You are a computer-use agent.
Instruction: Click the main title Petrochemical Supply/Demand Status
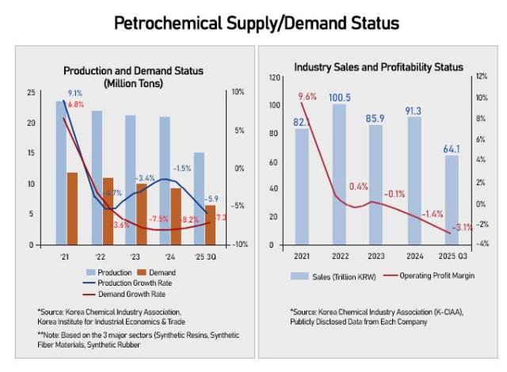pos(256,23)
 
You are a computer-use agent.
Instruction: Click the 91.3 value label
pos(414,110)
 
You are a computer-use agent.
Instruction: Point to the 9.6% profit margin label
pos(307,97)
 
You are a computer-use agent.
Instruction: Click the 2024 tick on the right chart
pos(413,256)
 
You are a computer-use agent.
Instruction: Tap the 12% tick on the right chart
pos(480,78)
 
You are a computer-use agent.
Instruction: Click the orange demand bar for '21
pos(72,208)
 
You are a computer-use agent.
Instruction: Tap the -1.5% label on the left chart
pos(182,168)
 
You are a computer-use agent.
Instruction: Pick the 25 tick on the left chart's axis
pos(30,93)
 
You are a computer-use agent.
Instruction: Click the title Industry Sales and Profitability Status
pos(378,67)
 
